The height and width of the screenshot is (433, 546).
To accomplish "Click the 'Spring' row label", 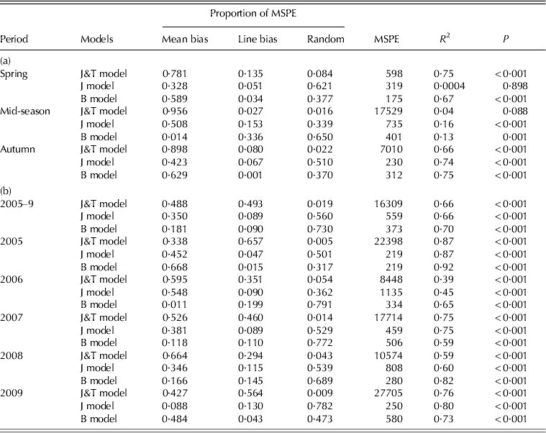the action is point(15,73).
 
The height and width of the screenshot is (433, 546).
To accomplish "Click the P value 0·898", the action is point(514,86).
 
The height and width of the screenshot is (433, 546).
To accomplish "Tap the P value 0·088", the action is point(514,111).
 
